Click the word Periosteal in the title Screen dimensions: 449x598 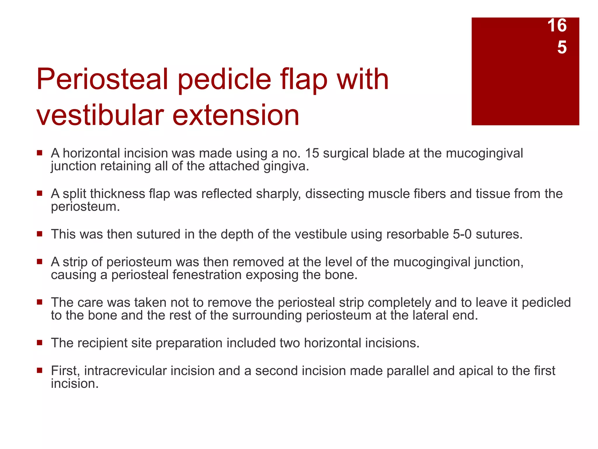coord(102,80)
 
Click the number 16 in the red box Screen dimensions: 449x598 coord(557,25)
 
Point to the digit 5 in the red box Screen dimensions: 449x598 coord(562,47)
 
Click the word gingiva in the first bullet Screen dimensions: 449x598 coord(284,166)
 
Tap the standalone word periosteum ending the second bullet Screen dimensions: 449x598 coord(85,207)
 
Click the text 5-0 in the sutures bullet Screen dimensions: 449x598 coord(462,234)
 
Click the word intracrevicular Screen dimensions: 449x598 coord(125,371)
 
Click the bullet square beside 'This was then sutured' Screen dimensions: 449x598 coord(40,234)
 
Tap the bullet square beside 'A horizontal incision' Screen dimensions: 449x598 coord(40,153)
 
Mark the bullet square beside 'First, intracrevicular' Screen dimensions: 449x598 coord(40,370)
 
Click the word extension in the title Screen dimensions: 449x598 coord(236,115)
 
